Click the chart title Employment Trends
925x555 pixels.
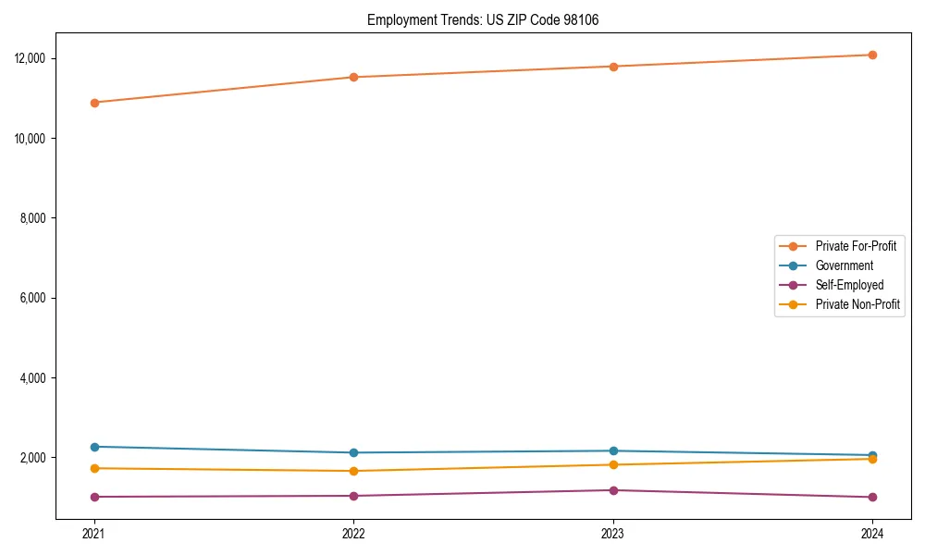[483, 19]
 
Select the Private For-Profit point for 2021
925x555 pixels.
[94, 103]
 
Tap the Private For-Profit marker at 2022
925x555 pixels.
[353, 77]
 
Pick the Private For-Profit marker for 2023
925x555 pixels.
[613, 67]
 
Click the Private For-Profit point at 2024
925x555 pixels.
[872, 55]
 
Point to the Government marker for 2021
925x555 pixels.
[94, 447]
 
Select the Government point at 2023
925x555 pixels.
[613, 450]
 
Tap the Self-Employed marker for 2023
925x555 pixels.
[613, 490]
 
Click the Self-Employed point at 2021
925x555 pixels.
[94, 497]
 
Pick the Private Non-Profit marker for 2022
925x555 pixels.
[353, 471]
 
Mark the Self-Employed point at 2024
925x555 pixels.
[872, 497]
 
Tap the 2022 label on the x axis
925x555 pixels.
[353, 533]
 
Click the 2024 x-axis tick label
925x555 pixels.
[872, 533]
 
